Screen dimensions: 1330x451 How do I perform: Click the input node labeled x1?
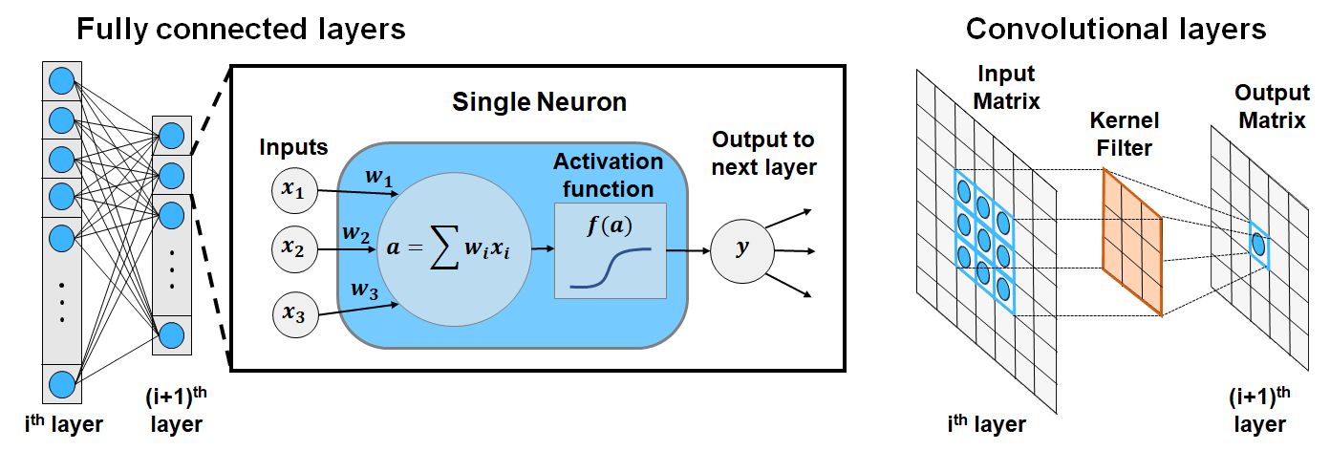294,190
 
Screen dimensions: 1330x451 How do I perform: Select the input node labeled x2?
294,249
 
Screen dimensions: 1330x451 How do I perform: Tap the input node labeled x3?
295,314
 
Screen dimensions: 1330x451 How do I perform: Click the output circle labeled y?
742,250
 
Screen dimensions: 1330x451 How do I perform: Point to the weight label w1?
378,177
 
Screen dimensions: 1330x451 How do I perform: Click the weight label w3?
364,290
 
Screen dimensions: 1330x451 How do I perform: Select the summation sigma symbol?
444,247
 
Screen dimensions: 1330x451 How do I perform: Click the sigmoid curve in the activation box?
611,268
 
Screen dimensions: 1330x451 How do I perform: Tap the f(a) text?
610,225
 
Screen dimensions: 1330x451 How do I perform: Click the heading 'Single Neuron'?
539,102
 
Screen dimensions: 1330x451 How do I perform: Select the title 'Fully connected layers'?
241,29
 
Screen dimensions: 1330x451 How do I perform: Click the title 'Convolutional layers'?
1116,29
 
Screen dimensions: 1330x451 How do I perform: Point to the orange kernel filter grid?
1132,242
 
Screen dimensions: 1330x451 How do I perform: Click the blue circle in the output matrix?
1258,244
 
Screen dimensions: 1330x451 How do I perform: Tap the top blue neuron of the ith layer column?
62,81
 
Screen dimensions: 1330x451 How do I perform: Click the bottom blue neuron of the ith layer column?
62,384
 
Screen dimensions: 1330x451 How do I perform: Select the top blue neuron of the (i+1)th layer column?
172,136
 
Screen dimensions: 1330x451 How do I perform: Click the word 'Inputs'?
293,147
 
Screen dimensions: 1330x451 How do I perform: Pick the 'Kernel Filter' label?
1124,134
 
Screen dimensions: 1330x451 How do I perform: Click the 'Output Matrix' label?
1272,107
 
